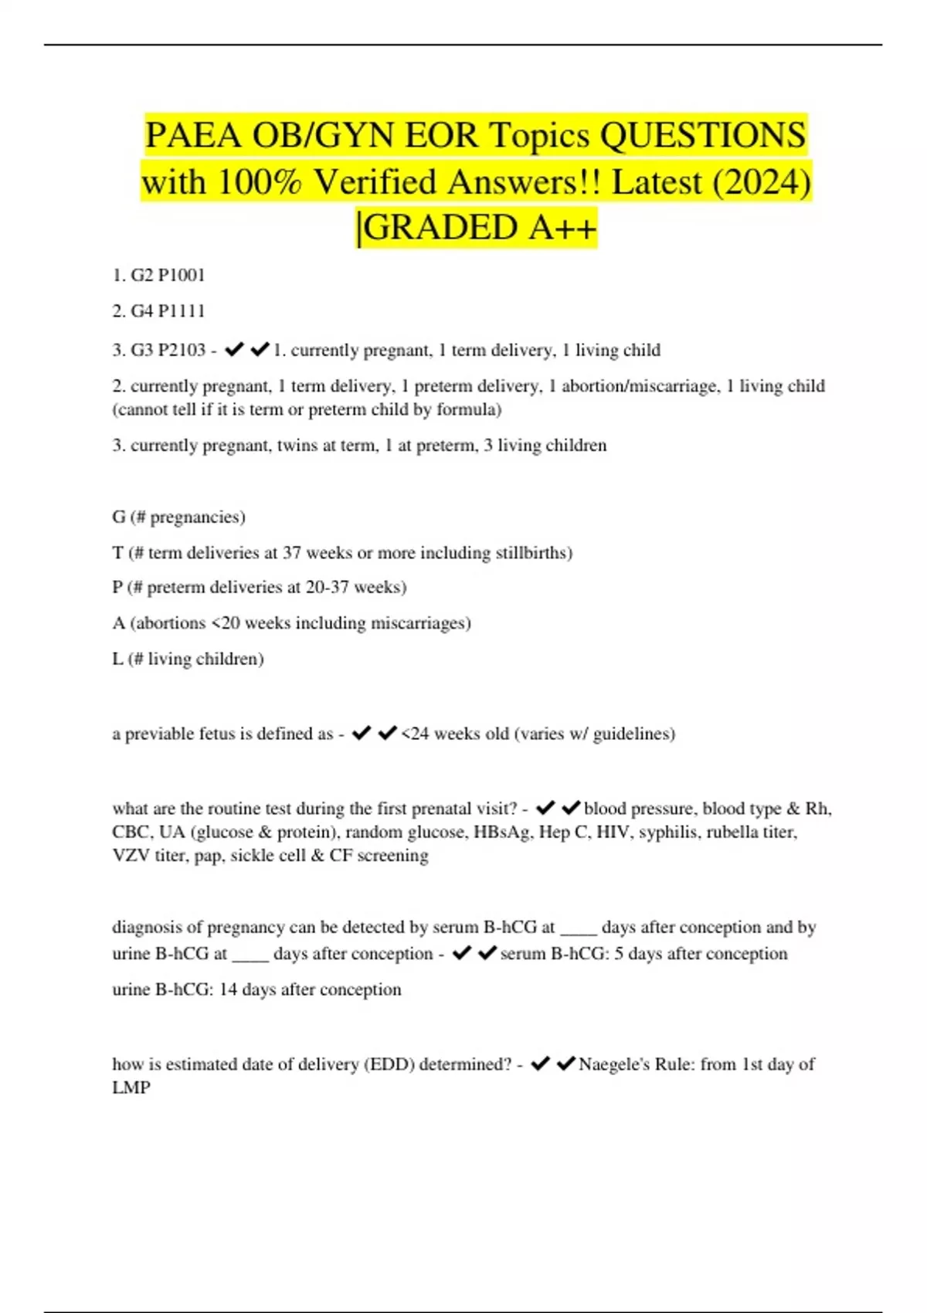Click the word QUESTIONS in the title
(703, 136)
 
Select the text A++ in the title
(563, 228)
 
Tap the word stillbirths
(533, 553)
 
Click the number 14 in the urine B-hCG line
(228, 989)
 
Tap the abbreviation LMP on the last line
(131, 1087)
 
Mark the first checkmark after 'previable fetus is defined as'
(361, 734)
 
